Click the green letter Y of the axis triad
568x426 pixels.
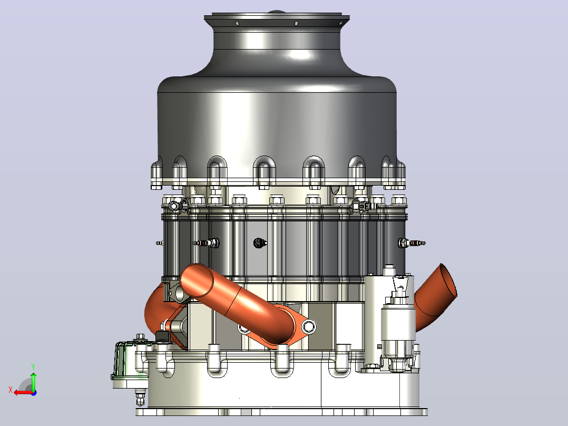[33, 367]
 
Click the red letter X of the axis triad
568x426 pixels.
[11, 390]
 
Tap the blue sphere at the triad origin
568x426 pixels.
[34, 393]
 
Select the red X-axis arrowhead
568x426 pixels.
[17, 393]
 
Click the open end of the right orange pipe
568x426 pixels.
[448, 280]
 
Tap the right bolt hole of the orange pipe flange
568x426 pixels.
[308, 326]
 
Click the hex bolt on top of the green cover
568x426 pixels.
[140, 337]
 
